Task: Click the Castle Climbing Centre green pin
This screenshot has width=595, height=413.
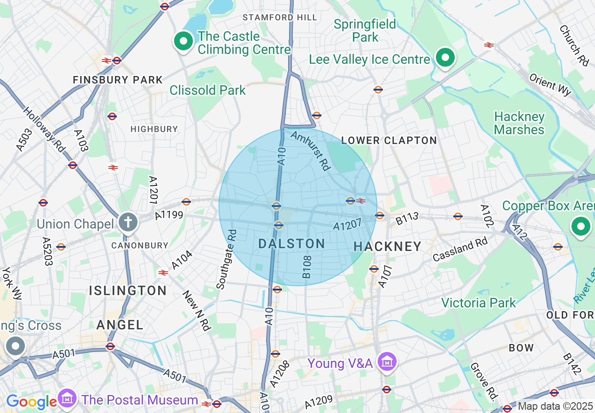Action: (183, 42)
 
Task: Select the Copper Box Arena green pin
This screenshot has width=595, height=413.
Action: (580, 227)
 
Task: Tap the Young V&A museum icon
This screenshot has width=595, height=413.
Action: (387, 362)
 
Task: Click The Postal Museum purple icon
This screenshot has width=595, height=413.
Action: (68, 399)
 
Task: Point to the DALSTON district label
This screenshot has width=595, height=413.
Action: (291, 244)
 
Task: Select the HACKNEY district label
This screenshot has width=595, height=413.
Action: (388, 246)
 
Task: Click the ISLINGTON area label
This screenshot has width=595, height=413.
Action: (128, 291)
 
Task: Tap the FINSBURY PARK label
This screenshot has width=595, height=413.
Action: (118, 80)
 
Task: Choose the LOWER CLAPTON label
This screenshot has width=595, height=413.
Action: (389, 140)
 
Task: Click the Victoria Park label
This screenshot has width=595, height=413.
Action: (479, 303)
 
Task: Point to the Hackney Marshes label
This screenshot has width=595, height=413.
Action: (519, 123)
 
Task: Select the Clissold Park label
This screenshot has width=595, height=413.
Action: (207, 90)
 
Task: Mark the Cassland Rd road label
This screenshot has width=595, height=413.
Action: (460, 249)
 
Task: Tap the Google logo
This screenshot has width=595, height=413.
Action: (31, 402)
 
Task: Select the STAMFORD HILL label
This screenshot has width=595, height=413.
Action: (280, 17)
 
